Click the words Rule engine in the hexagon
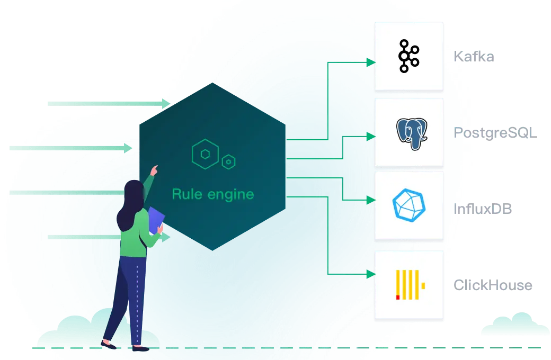tap(212, 194)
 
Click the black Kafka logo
tap(408, 56)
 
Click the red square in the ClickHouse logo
tap(398, 297)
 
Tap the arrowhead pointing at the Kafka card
tap(370, 62)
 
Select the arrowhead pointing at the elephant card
tap(370, 137)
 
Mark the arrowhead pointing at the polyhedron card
tap(370, 200)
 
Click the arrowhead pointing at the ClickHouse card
tap(370, 274)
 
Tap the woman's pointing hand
tap(154, 169)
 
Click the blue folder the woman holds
tap(156, 220)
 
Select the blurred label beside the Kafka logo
tap(474, 56)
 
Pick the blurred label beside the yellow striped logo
tap(493, 286)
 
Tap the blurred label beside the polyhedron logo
tap(483, 209)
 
